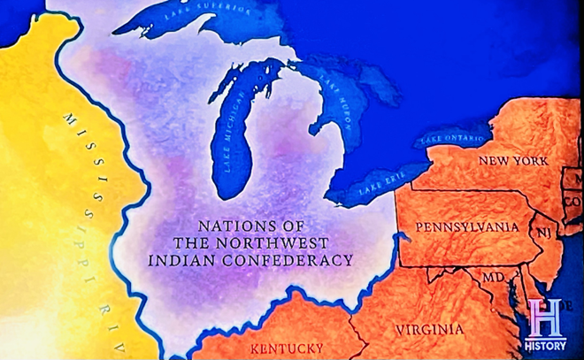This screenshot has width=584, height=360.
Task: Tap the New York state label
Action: point(512,161)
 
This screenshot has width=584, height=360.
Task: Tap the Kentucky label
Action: point(286,348)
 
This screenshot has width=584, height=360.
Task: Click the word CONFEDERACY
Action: point(299,260)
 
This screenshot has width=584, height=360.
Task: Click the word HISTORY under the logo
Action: point(545,344)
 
